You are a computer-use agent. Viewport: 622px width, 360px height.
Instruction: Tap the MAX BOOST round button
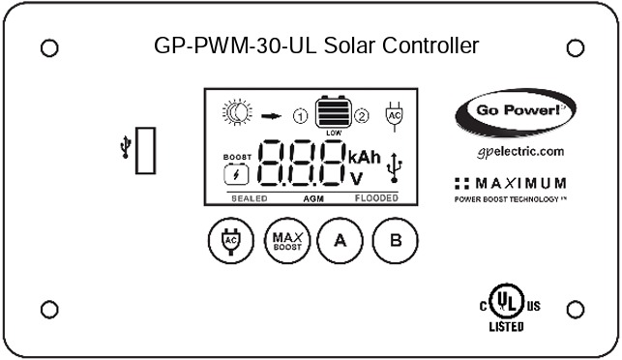[x=284, y=240]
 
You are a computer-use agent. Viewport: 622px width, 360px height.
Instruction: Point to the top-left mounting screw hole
[x=49, y=47]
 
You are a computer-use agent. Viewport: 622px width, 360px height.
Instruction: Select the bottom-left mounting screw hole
[x=49, y=309]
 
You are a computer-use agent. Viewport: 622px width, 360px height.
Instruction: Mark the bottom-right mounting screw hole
[x=575, y=309]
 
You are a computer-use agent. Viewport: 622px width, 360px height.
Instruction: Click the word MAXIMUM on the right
[x=523, y=182]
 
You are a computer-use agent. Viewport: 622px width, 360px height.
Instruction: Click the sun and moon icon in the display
[x=238, y=114]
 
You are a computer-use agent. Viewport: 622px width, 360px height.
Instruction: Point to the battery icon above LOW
[x=334, y=111]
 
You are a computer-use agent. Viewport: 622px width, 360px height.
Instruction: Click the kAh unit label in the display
[x=365, y=157]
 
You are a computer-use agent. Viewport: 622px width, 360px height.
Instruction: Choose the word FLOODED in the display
[x=374, y=197]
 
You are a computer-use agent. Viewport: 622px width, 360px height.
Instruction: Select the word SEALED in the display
[x=248, y=197]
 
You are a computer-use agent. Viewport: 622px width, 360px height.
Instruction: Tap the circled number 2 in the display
[x=362, y=116]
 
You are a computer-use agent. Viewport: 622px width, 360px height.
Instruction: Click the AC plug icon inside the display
[x=393, y=113]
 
